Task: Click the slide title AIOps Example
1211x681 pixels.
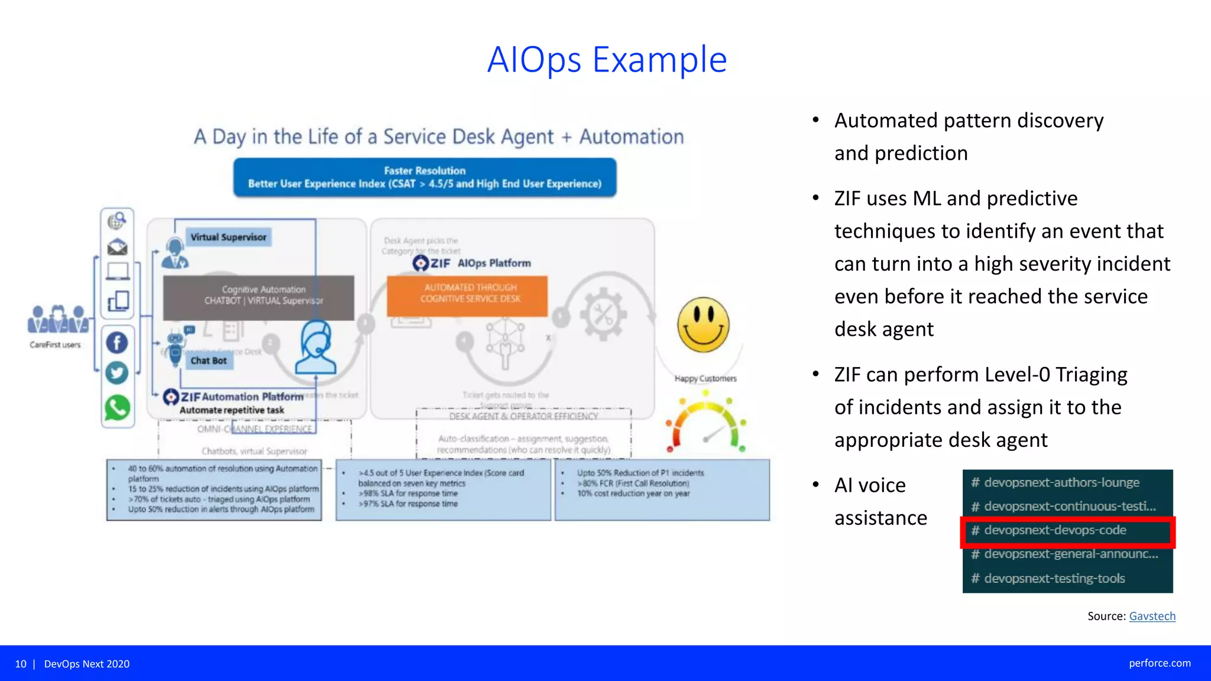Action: [x=607, y=60]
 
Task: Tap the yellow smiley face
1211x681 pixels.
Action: [x=703, y=325]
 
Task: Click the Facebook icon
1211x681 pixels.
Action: [x=117, y=342]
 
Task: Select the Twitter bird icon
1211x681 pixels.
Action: [x=117, y=373]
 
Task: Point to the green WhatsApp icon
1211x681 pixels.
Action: [x=117, y=408]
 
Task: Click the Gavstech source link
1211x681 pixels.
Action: [x=1152, y=616]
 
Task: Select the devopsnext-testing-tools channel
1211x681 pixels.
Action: [x=1054, y=578]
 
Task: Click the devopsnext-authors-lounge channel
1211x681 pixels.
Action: [x=1061, y=482]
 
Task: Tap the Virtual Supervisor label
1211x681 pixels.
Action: [x=228, y=237]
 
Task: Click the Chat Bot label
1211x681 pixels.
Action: [x=209, y=361]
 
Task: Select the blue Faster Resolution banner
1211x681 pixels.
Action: [x=425, y=177]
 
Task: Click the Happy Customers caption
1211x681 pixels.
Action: [x=705, y=378]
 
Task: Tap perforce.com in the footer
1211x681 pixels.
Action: [x=1160, y=663]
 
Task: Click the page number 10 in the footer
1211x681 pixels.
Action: [x=21, y=664]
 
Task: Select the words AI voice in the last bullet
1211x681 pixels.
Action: [x=870, y=485]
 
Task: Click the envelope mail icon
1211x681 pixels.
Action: [x=117, y=247]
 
